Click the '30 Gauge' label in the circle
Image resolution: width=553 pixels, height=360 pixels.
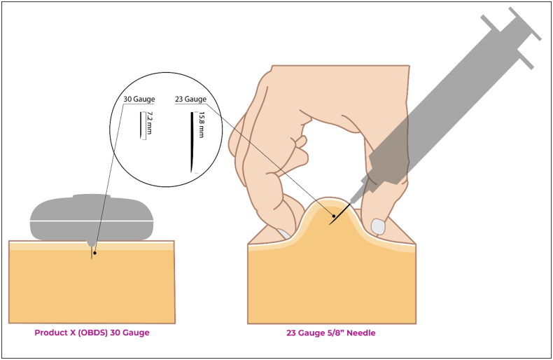click(x=139, y=99)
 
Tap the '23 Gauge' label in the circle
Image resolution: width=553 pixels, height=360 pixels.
click(x=191, y=99)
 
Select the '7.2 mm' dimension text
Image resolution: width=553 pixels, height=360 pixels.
click(x=150, y=123)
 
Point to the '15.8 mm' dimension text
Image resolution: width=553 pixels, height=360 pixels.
click(x=202, y=125)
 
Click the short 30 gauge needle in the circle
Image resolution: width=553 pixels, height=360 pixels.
click(x=141, y=125)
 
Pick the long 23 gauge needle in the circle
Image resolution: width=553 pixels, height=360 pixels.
click(x=192, y=142)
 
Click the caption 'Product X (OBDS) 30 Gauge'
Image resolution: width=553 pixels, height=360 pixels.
click(x=92, y=333)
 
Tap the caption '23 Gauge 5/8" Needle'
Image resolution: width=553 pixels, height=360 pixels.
click(x=331, y=333)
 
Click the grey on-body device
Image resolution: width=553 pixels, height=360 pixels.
click(x=92, y=218)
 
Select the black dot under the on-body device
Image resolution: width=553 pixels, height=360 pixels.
click(x=94, y=253)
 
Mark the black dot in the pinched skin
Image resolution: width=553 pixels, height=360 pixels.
click(x=334, y=216)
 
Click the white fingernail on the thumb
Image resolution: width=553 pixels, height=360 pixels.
click(x=378, y=227)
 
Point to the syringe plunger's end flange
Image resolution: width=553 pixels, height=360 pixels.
click(x=525, y=24)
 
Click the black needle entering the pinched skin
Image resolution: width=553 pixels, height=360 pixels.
click(x=340, y=214)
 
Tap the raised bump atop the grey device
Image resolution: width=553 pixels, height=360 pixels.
click(x=92, y=196)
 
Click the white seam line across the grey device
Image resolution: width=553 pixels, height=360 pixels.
click(x=92, y=221)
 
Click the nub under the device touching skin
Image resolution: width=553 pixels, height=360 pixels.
click(x=91, y=244)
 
